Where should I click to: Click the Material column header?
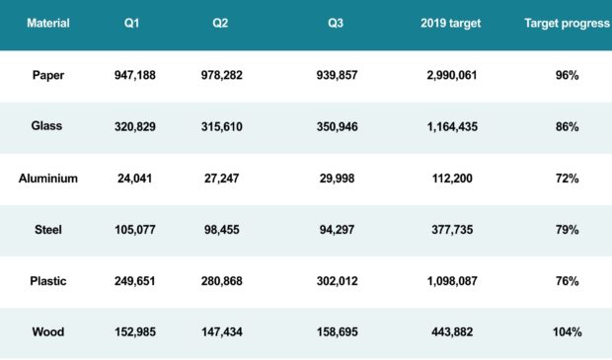pos(48,23)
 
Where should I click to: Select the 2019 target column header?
pos(451,23)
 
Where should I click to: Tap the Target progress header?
pos(568,24)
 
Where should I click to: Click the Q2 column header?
pos(220,23)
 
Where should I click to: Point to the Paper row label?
pos(48,75)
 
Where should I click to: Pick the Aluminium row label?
pos(48,179)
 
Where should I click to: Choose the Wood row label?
pos(48,332)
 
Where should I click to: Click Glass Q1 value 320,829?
pos(135,127)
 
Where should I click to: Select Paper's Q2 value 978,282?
pos(222,75)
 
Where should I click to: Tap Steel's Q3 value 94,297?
pos(337,230)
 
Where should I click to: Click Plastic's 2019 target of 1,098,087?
pos(452,281)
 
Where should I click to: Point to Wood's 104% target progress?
pos(568,332)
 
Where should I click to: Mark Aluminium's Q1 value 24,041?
pos(134,179)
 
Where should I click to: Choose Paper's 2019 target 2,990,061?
pos(452,75)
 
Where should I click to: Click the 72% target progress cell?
pos(568,179)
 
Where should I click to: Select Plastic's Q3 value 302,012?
pos(338,281)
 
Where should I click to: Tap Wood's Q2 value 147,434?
pos(222,332)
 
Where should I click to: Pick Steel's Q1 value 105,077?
pos(135,230)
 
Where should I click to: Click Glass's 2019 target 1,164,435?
pos(452,127)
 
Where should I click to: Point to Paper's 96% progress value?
pos(568,75)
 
